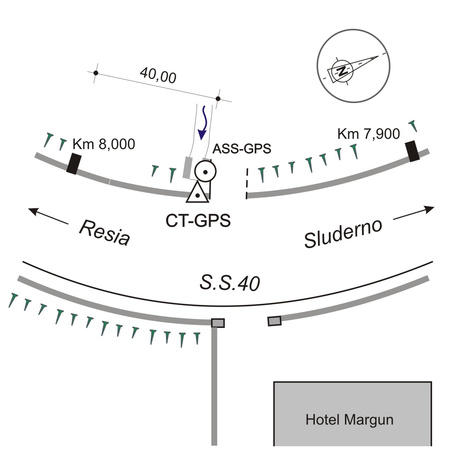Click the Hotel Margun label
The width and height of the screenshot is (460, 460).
click(x=349, y=420)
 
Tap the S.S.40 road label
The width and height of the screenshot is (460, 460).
click(x=229, y=283)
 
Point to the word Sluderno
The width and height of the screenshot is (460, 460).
click(x=343, y=234)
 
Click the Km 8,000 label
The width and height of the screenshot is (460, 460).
click(x=104, y=144)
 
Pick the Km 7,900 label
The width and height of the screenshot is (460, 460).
click(x=368, y=134)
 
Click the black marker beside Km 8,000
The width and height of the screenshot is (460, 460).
click(x=72, y=163)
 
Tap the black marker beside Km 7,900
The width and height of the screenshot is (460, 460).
click(x=412, y=151)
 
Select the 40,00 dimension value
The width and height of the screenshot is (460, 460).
click(x=158, y=75)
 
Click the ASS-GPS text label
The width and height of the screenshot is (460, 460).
click(x=242, y=149)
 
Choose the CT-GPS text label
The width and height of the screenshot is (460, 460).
click(x=198, y=221)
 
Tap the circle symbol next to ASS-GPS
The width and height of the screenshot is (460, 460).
click(x=205, y=172)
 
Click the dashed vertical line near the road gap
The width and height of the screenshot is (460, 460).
click(x=247, y=183)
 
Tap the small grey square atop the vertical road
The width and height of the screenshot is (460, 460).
click(x=218, y=323)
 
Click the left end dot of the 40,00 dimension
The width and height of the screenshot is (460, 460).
click(x=96, y=73)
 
